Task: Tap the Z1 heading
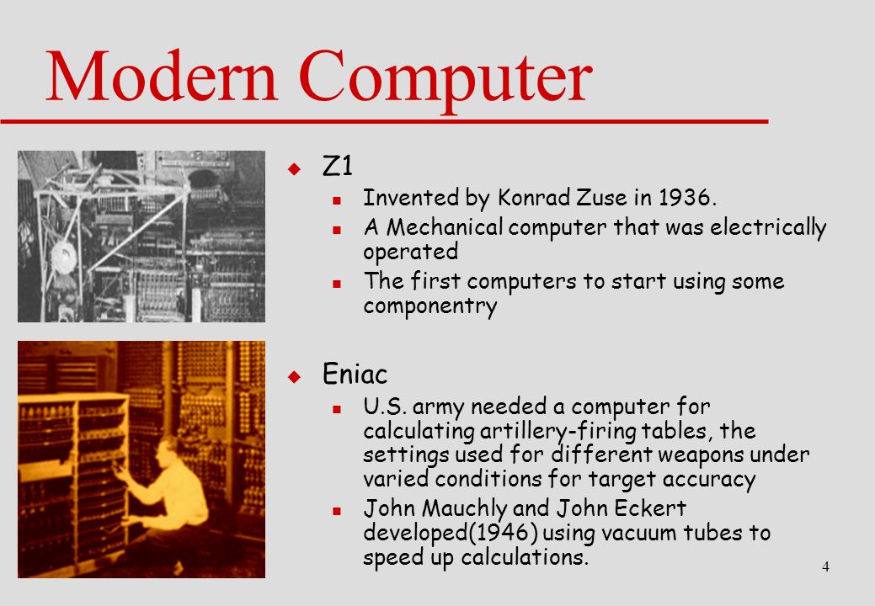click(338, 166)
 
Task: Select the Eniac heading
click(355, 374)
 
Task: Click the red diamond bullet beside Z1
click(294, 169)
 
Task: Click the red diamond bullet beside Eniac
click(294, 377)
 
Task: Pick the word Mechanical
click(445, 227)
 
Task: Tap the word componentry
click(429, 306)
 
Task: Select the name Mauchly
click(464, 508)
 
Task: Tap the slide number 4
click(825, 567)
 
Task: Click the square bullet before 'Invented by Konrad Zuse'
click(337, 200)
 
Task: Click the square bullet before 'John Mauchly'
click(337, 511)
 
